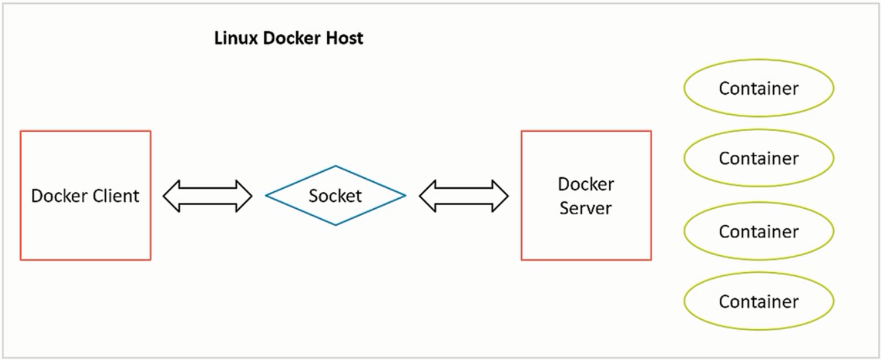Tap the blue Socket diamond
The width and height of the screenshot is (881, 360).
coord(335,195)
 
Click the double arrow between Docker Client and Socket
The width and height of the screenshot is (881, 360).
coord(207,196)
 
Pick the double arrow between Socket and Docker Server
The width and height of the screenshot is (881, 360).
coord(463,196)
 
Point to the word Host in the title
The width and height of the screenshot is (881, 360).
coord(346,38)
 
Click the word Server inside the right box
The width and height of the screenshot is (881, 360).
coord(586,208)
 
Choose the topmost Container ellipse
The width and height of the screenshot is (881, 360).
coord(758,88)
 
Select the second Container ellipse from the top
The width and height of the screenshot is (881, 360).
coord(758,158)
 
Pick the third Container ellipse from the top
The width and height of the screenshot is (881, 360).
coord(758,231)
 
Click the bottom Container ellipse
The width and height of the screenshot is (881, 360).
coord(758,302)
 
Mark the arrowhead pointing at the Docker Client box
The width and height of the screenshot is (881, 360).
coord(171,196)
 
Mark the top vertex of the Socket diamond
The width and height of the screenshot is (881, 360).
coord(335,167)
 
